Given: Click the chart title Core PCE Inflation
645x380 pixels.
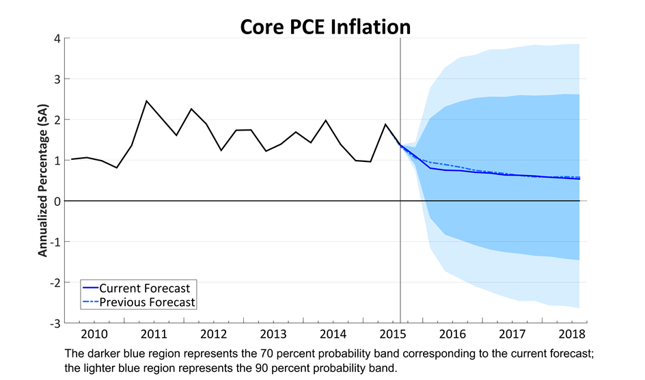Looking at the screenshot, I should click(x=325, y=26).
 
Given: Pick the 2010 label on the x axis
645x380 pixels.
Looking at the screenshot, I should click(x=94, y=334).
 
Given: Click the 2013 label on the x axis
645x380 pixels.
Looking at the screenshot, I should click(x=273, y=334).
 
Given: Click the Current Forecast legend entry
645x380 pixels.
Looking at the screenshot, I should click(x=144, y=288).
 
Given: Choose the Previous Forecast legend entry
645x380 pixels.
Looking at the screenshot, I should click(x=147, y=302).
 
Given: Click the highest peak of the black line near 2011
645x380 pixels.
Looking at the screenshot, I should click(x=146, y=101).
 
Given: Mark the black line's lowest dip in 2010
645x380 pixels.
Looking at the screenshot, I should click(x=117, y=167).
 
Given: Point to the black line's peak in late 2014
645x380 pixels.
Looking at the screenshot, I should click(x=325, y=120).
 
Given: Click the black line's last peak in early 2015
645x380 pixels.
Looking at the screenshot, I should click(x=385, y=124).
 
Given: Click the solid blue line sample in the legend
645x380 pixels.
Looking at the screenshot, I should click(x=90, y=288).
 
